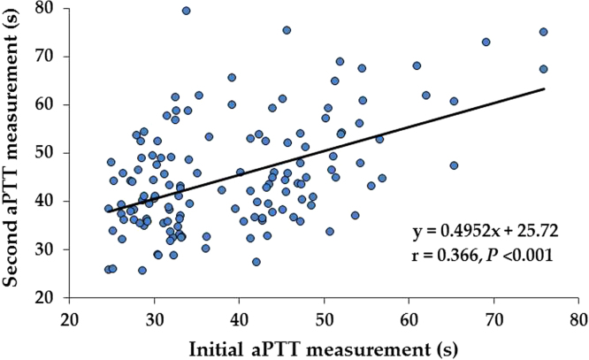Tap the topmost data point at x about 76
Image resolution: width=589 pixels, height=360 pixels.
(543, 32)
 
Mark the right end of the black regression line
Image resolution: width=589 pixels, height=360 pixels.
(544, 88)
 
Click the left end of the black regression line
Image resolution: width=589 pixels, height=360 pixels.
(107, 211)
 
